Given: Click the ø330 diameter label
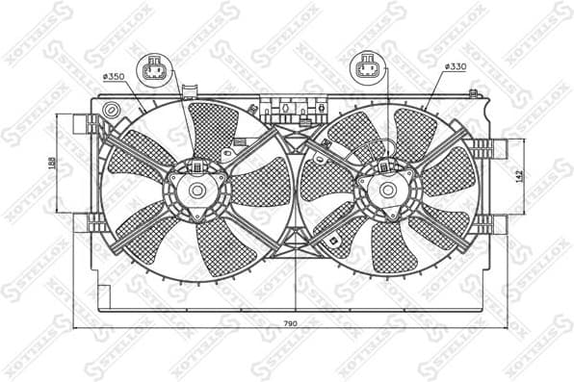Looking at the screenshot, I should click(456, 67).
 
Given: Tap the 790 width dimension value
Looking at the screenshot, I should click(290, 325).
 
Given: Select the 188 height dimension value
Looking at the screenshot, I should click(52, 165).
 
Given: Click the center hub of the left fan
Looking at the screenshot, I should click(197, 191).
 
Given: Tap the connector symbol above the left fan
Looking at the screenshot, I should click(155, 71).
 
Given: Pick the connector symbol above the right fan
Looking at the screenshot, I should click(367, 67).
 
